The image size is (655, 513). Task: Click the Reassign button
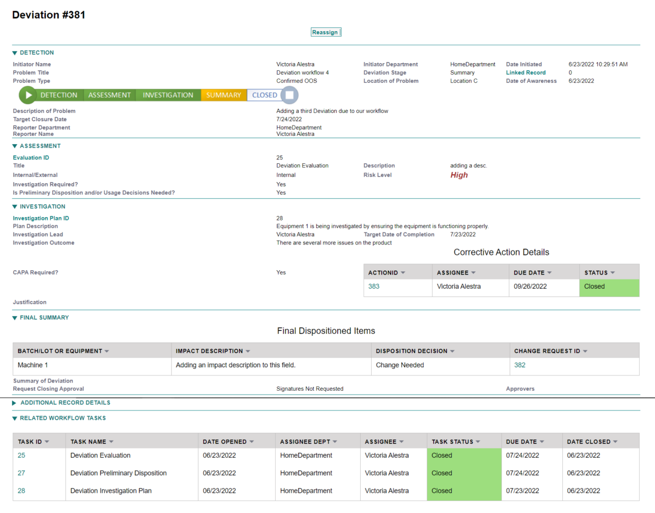[325, 32]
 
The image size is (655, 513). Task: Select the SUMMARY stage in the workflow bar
[223, 95]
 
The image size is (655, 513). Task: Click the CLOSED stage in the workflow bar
[265, 95]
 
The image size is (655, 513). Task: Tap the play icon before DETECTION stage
[28, 95]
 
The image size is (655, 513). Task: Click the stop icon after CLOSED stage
[290, 95]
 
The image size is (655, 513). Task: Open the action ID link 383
[374, 287]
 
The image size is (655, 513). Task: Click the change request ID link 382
[520, 365]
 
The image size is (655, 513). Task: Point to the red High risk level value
[459, 175]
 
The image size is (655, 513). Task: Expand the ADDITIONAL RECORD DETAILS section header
[65, 403]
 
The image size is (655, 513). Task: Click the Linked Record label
[526, 73]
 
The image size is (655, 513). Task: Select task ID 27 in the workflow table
[21, 473]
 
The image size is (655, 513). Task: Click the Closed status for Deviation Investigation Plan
[442, 491]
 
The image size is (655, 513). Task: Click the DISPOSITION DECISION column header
[412, 351]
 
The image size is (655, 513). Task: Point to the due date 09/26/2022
[530, 287]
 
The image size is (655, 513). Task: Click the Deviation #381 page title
[49, 15]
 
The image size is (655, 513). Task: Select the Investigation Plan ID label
[41, 218]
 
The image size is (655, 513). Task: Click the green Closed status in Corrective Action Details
[594, 287]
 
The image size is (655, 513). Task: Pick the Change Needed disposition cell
[400, 365]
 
